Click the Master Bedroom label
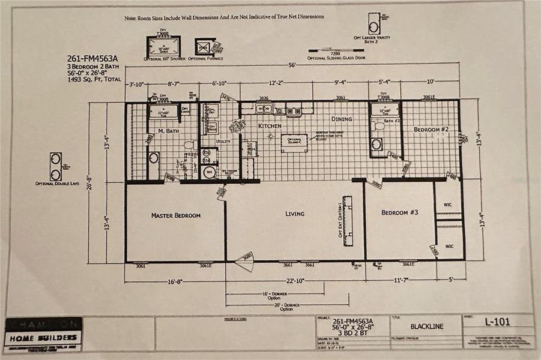[175, 215]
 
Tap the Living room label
[294, 214]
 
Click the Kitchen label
[270, 126]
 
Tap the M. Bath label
[169, 130]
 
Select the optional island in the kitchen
[294, 143]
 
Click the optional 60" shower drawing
[163, 47]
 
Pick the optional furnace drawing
[205, 47]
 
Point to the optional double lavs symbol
[55, 167]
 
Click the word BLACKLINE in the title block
[426, 327]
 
